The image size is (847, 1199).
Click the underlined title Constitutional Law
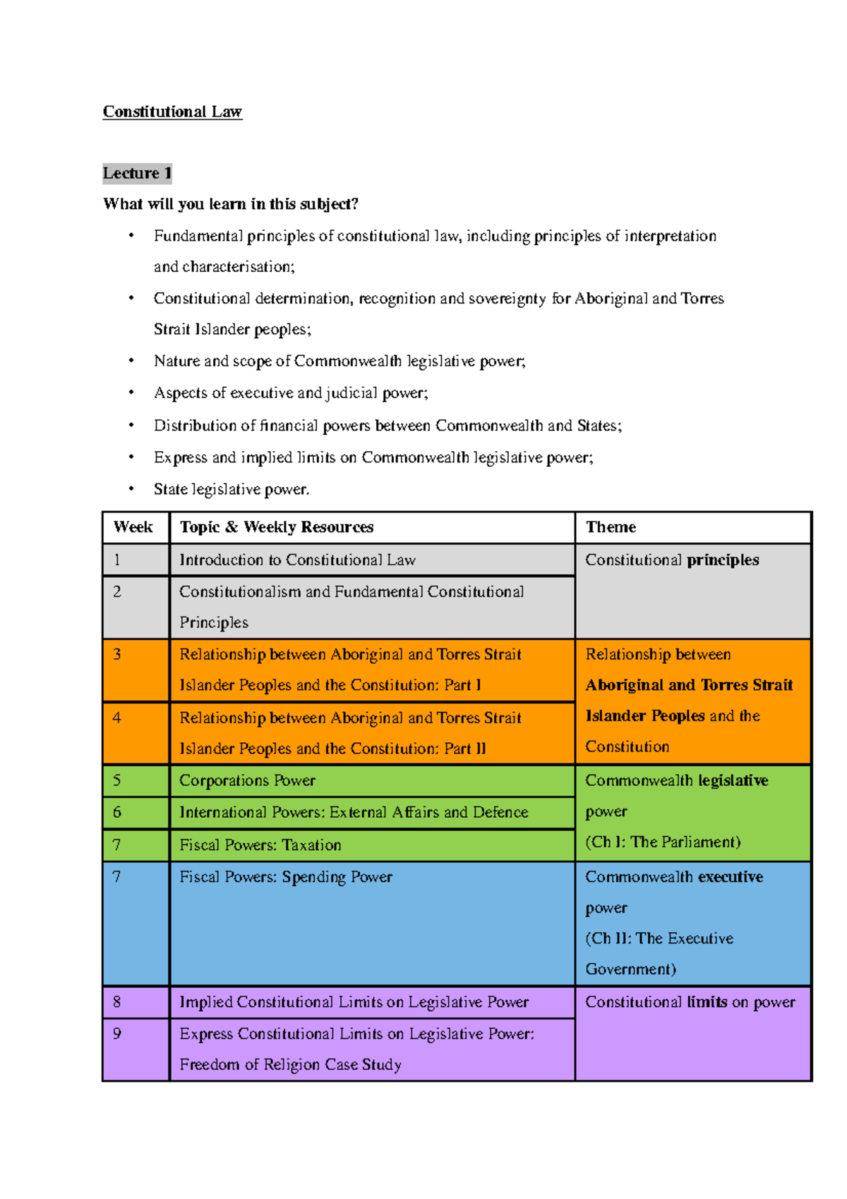(x=172, y=112)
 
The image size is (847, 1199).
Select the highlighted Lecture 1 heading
(x=137, y=173)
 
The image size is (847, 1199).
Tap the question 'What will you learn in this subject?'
(x=231, y=204)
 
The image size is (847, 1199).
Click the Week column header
(x=133, y=527)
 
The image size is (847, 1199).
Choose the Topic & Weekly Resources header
(x=276, y=527)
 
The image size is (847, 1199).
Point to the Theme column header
(x=611, y=527)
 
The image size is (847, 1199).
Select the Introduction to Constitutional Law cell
(x=297, y=560)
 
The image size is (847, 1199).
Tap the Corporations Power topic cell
(x=247, y=780)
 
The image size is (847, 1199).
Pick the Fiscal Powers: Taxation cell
(x=260, y=845)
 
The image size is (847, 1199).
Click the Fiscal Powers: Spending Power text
(x=286, y=877)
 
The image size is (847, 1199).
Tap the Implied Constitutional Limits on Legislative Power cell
(x=354, y=1002)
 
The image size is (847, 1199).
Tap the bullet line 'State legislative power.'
(x=232, y=489)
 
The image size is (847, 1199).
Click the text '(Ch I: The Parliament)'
(x=663, y=842)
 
